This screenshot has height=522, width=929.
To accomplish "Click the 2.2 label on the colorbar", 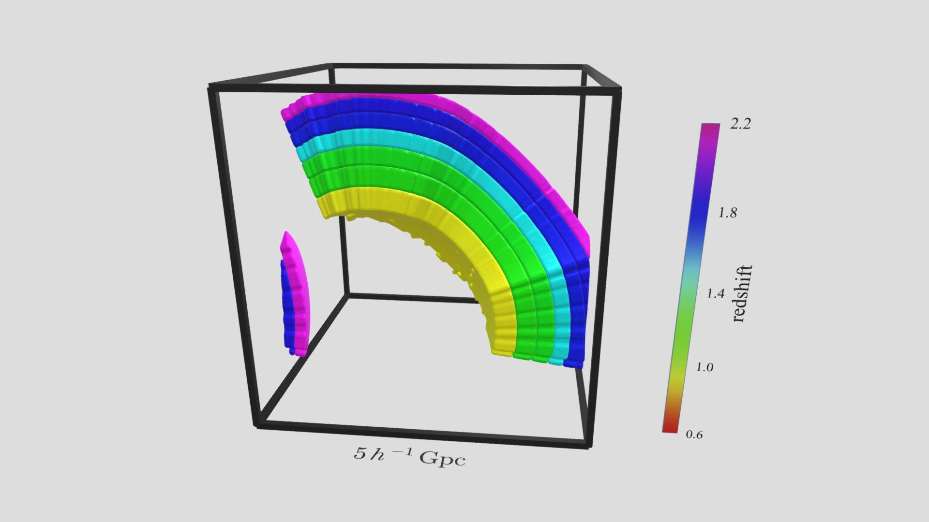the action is (740, 124).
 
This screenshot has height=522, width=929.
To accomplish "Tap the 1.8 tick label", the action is (727, 213).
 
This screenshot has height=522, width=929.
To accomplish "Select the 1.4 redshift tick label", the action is (716, 293).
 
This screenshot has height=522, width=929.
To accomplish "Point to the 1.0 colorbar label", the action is (704, 367).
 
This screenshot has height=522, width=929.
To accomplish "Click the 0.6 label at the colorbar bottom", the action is (694, 435).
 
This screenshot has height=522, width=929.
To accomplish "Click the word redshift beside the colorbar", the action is (742, 293).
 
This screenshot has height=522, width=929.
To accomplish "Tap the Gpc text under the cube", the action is (442, 458).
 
